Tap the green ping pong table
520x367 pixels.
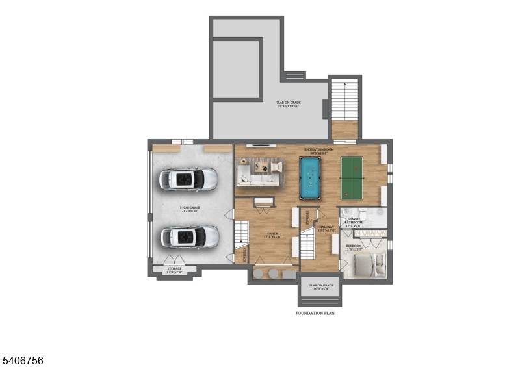click(359, 175)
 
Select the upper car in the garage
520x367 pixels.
click(189, 179)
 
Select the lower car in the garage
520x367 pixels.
click(189, 236)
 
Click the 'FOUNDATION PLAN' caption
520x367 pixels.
click(315, 313)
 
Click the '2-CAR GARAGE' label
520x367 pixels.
click(190, 208)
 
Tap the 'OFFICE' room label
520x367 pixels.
click(272, 233)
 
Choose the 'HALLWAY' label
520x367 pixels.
click(326, 227)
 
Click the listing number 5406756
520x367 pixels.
click(23, 359)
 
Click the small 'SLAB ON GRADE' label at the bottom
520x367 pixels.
click(321, 286)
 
